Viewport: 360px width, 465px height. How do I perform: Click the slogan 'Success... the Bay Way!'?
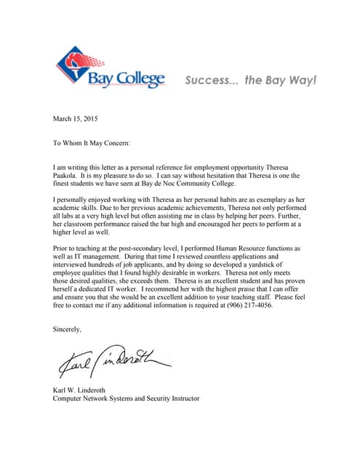[250, 80]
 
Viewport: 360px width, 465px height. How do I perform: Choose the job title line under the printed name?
[126, 399]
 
